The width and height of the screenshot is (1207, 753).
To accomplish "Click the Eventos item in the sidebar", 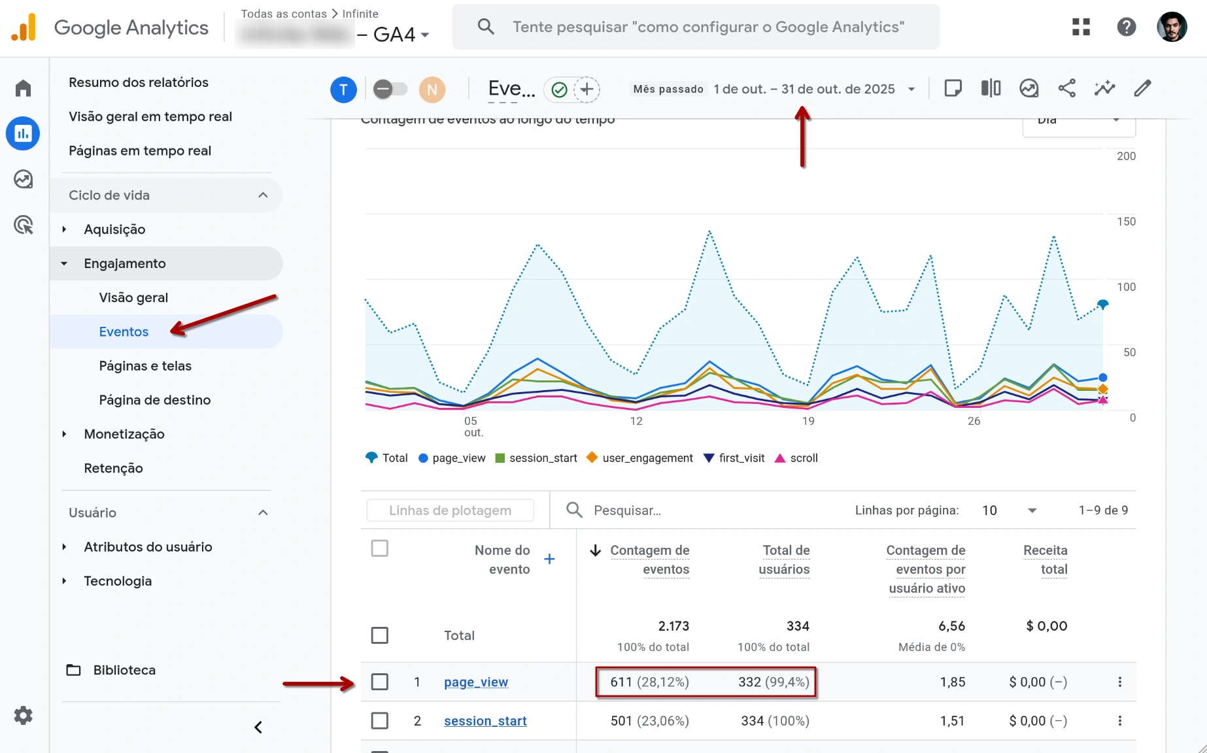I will [124, 331].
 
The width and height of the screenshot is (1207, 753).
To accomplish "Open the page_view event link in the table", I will [475, 682].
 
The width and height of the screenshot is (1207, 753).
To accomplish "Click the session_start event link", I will [484, 720].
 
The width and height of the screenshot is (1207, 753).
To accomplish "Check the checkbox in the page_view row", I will [379, 682].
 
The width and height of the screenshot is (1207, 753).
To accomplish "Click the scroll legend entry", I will [803, 458].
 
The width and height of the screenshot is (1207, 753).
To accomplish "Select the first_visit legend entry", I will [741, 458].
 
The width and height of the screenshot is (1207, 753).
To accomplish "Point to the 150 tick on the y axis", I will [1125, 222].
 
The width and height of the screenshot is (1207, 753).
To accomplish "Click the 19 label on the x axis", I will [808, 421].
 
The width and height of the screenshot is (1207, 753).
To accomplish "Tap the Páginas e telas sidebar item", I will [145, 365].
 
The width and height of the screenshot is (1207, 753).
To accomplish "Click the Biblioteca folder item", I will [124, 670].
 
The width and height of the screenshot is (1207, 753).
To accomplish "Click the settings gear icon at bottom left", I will [24, 715].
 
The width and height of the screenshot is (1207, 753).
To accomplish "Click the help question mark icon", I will [1126, 27].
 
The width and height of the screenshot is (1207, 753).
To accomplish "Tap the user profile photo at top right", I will [1171, 27].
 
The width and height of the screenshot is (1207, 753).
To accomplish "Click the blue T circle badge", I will [343, 90].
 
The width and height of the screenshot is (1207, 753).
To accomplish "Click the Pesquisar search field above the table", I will [687, 510].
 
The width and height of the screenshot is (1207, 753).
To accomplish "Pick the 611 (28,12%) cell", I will [649, 682].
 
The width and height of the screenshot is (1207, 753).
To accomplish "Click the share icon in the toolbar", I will [1066, 88].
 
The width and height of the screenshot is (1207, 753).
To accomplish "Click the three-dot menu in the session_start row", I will [1119, 720].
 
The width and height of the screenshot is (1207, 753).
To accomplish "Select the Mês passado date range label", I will [668, 89].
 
